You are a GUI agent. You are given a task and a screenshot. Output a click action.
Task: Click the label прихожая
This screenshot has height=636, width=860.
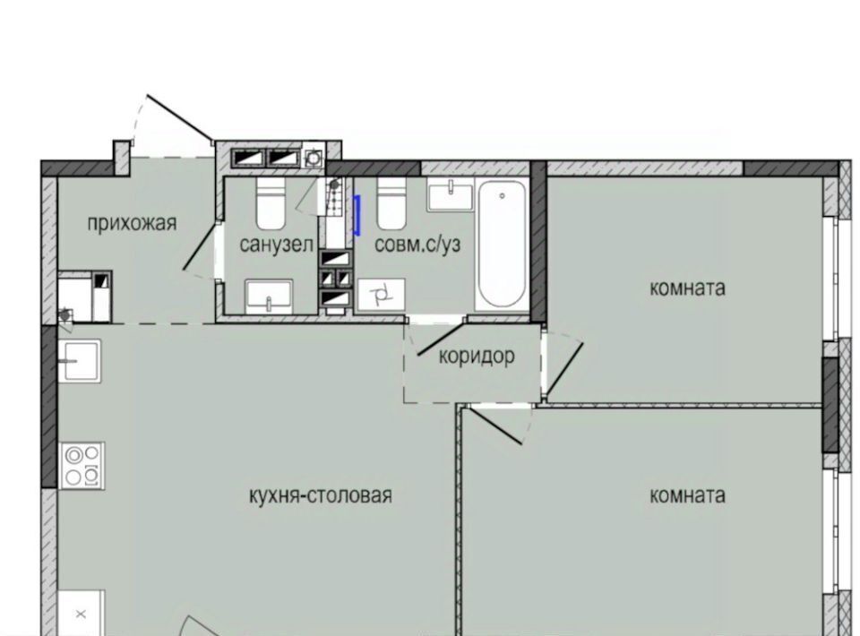[132, 224]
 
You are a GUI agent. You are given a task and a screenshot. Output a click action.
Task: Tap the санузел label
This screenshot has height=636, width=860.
[276, 245]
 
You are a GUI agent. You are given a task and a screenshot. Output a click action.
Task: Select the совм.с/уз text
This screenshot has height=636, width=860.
[417, 245]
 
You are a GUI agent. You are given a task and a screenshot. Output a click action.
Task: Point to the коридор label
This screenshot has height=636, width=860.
[477, 357]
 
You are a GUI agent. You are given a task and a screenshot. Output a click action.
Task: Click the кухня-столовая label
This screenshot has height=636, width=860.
[321, 495]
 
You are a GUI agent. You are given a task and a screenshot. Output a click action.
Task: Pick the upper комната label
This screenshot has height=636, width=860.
[687, 288]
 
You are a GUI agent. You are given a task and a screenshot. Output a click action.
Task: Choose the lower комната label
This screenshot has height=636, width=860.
[687, 495]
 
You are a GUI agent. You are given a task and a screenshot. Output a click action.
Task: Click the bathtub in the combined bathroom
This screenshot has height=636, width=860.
[502, 245]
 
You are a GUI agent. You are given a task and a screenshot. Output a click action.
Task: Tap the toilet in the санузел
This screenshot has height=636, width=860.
[271, 202]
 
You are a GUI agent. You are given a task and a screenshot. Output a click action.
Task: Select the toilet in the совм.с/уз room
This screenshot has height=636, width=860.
[391, 202]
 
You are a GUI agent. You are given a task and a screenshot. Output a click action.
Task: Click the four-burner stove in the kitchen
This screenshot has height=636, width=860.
[82, 466]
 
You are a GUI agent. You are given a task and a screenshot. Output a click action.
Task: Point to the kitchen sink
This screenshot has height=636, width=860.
[80, 360]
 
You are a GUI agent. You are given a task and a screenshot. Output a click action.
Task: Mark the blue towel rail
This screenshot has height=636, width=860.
[357, 216]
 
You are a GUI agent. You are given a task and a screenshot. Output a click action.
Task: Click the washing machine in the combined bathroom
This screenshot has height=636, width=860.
[382, 296]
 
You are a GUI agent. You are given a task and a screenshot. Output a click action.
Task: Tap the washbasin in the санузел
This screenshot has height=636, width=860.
[269, 296]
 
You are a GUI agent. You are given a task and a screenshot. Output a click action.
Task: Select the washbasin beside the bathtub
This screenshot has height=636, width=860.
[450, 197]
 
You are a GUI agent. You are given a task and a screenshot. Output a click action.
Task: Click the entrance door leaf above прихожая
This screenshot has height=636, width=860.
[180, 118]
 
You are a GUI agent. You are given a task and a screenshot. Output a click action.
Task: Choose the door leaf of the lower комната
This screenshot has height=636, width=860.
[495, 426]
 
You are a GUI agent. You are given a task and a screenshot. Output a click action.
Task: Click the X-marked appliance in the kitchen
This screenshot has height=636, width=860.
[82, 613]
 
